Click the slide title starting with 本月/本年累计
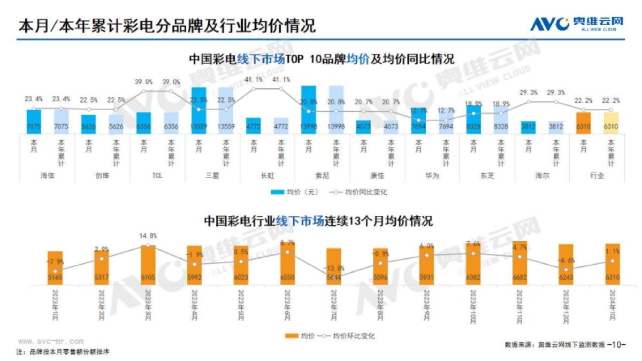coord(166,25)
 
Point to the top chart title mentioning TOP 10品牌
coord(321,59)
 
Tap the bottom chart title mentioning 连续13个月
coord(318,220)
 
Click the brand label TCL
coord(157,175)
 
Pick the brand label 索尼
coord(322,175)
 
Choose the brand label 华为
coord(432,175)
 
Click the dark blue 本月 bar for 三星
coord(198,110)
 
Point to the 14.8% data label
coord(148,235)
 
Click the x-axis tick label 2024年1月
coord(612,304)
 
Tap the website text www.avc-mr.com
coord(50,340)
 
